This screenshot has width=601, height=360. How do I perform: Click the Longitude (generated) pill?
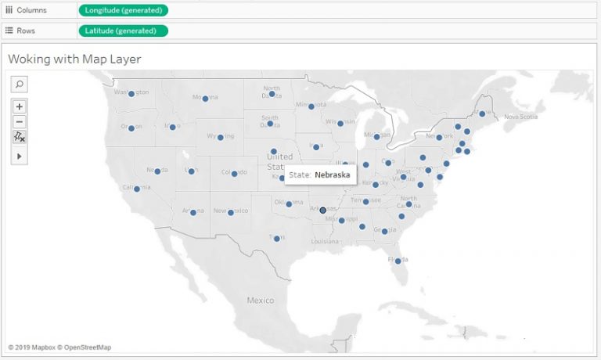click(x=123, y=10)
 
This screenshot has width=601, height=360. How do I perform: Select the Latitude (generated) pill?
click(x=123, y=31)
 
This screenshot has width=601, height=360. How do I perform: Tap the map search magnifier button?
click(x=20, y=84)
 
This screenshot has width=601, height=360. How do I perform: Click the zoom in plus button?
click(x=20, y=106)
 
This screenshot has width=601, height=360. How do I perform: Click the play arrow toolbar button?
click(x=20, y=156)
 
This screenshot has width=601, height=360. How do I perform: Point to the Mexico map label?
click(x=261, y=301)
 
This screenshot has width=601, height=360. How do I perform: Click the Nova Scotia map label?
click(x=522, y=117)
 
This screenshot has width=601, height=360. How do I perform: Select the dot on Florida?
click(x=398, y=261)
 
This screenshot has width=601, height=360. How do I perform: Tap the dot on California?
click(x=137, y=189)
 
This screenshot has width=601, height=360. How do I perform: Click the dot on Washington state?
click(x=131, y=94)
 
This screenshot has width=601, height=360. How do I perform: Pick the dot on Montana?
click(x=205, y=99)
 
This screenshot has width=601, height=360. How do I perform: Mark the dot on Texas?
click(x=276, y=238)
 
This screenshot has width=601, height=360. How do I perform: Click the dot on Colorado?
click(x=234, y=174)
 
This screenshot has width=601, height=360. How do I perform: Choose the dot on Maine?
click(x=481, y=114)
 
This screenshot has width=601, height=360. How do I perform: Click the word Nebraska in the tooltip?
click(x=332, y=175)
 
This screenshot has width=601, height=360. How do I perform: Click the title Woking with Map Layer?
click(x=74, y=59)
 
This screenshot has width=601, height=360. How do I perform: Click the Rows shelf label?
click(x=26, y=31)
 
